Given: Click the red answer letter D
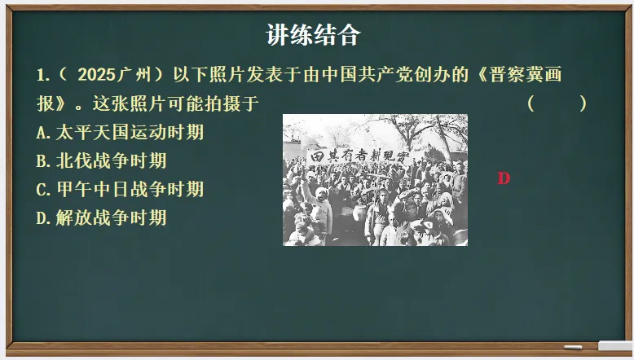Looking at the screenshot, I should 504,178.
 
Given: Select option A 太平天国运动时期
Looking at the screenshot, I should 121,132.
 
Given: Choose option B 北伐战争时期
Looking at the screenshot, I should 102,160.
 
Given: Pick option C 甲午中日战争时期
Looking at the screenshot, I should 121,189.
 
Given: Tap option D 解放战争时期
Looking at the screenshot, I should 102,217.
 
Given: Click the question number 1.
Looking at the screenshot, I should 42,76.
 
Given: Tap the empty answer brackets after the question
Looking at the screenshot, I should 557,104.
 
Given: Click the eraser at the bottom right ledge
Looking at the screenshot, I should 615,345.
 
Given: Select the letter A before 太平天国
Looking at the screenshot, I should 42,132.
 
